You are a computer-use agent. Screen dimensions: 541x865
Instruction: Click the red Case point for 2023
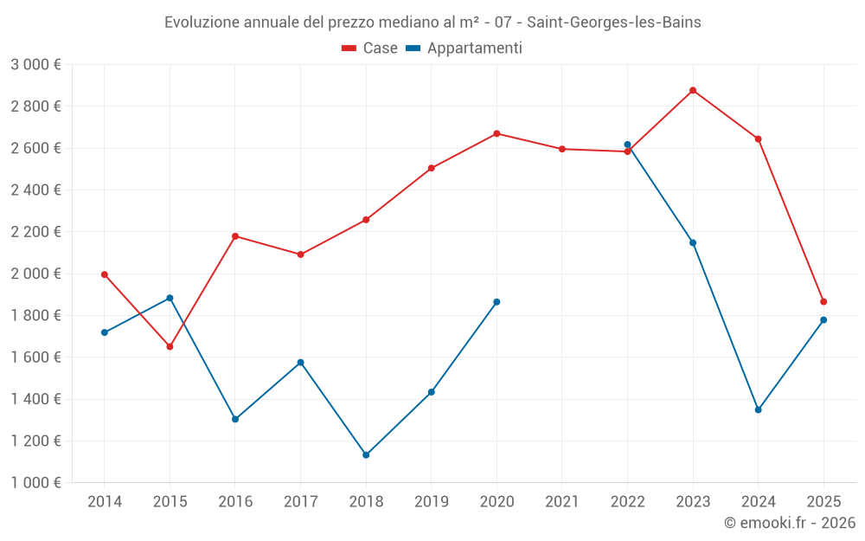[x=693, y=90]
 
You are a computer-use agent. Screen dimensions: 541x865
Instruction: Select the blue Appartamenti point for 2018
[x=366, y=454]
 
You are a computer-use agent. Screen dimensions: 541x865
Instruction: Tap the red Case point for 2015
[x=170, y=346]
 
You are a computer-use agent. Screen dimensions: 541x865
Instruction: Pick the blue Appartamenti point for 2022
[x=627, y=145]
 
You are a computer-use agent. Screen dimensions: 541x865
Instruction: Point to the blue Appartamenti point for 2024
[x=759, y=409]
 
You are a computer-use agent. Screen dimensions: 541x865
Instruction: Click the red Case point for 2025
[x=823, y=301]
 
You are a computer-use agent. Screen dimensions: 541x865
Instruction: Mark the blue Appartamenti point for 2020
[x=497, y=301]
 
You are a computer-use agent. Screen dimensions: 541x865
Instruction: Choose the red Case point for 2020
[x=497, y=133]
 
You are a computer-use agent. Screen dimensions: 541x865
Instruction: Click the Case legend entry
[x=370, y=48]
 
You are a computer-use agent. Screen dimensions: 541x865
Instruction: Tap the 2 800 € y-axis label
[x=36, y=106]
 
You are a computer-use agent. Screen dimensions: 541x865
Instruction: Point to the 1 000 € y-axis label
[x=36, y=483]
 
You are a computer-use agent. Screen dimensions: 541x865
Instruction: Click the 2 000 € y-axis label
[x=36, y=274]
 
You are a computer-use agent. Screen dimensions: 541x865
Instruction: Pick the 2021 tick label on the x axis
[x=562, y=501]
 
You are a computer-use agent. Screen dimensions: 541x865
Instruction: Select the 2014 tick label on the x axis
[x=105, y=501]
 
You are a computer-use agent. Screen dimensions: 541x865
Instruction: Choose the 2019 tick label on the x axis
[x=432, y=501]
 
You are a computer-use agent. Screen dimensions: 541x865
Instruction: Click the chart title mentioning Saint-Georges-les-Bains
[x=432, y=23]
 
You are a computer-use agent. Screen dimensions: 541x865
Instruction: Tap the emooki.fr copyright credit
[x=790, y=523]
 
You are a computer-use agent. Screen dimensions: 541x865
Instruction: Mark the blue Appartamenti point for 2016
[x=235, y=419]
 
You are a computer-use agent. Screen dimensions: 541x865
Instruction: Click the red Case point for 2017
[x=300, y=254]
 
